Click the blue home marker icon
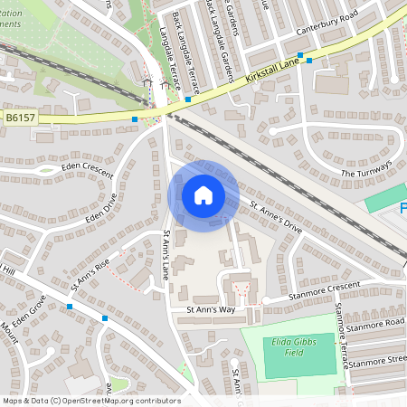point(203,195)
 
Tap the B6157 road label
point(20,117)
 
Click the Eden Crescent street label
point(87,167)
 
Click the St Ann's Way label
point(210,309)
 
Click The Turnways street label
point(365,168)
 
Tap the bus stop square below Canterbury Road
point(309,61)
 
